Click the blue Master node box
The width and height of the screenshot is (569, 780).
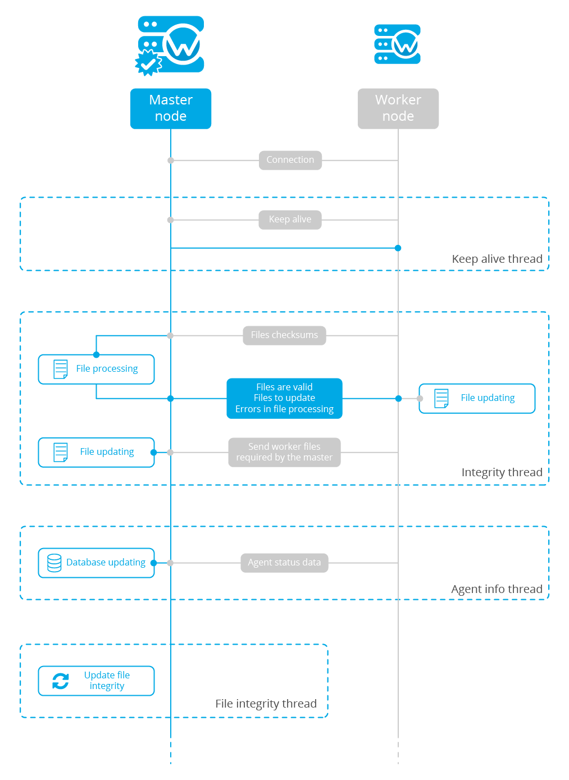(x=171, y=108)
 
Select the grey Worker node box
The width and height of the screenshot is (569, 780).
(x=398, y=108)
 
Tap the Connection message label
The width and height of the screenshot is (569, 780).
(x=290, y=160)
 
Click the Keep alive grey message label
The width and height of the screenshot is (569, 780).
(x=290, y=220)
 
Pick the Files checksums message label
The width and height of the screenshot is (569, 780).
(x=284, y=335)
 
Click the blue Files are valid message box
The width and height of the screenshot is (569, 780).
(x=284, y=398)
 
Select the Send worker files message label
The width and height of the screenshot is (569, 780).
(x=284, y=452)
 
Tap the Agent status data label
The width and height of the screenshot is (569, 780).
(x=284, y=563)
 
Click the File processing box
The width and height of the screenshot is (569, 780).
(x=96, y=369)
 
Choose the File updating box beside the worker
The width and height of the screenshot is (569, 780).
(x=477, y=398)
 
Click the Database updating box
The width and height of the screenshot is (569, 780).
(x=96, y=563)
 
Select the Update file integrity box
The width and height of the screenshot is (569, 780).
(x=96, y=681)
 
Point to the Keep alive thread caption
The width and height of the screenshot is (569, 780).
(x=497, y=259)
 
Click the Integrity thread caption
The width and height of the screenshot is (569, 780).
(x=502, y=472)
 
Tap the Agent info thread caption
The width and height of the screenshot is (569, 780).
(x=497, y=589)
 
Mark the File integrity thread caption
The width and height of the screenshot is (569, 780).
(x=266, y=704)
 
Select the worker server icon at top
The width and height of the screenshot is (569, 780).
(x=398, y=44)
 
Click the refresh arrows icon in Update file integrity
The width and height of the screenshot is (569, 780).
(x=61, y=681)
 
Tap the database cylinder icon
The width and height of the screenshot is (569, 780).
(x=54, y=563)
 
